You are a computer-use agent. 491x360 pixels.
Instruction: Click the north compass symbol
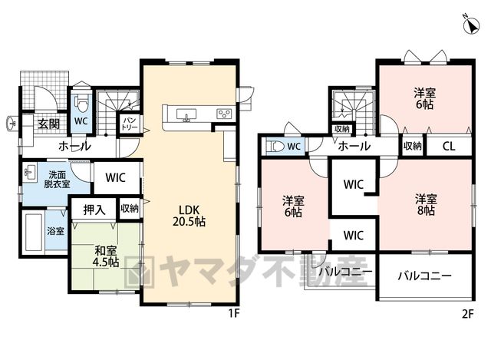click(471, 25)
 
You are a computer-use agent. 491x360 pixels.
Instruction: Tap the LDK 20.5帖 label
click(189, 216)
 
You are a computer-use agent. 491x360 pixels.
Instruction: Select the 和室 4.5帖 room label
click(106, 256)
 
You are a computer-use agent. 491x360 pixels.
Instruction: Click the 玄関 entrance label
click(49, 124)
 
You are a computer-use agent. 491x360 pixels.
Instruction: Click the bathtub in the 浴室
click(34, 232)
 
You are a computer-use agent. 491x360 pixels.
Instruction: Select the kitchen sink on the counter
click(186, 114)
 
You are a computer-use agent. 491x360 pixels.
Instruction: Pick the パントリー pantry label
click(130, 124)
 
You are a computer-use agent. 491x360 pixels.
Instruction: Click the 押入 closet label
click(94, 210)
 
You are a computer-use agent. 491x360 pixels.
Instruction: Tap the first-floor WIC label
click(115, 177)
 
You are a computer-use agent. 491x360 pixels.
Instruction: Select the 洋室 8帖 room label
click(426, 205)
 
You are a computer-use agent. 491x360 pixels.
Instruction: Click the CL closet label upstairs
click(449, 147)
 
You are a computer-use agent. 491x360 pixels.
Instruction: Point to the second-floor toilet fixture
click(275, 147)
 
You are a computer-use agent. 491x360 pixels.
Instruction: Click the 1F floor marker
click(234, 314)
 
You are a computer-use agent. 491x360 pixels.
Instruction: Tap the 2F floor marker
click(467, 314)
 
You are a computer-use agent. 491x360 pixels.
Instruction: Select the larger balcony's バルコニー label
click(425, 276)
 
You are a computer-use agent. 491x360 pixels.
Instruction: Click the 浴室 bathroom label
click(56, 231)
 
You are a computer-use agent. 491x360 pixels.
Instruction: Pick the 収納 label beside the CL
click(413, 146)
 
